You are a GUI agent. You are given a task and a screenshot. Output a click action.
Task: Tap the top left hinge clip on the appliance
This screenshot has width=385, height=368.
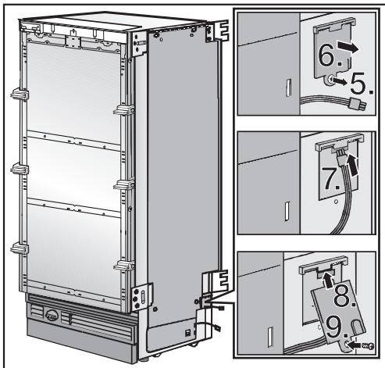(17, 98)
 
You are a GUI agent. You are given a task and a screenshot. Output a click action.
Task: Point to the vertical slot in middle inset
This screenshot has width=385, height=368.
(287, 212)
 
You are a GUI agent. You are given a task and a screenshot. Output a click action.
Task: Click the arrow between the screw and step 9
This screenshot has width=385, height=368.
(355, 341)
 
